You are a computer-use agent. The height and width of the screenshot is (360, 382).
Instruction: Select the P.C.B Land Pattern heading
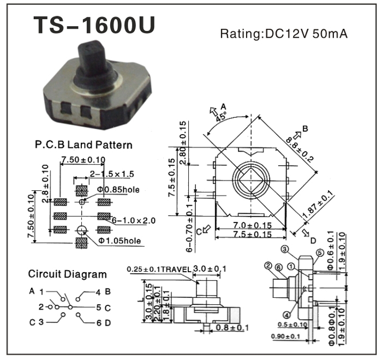[x=83, y=146]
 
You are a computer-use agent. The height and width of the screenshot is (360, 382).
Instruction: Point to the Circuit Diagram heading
[x=67, y=274]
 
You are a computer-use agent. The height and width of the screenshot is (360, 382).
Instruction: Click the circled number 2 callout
[x=268, y=266]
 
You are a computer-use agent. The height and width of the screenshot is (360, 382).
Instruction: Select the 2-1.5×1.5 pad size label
[x=112, y=174]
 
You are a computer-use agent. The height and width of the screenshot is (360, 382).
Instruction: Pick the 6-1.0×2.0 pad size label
[x=134, y=220]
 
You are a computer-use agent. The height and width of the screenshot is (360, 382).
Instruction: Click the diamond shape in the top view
[x=250, y=179]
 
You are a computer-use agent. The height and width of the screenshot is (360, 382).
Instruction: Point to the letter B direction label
[x=306, y=129]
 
